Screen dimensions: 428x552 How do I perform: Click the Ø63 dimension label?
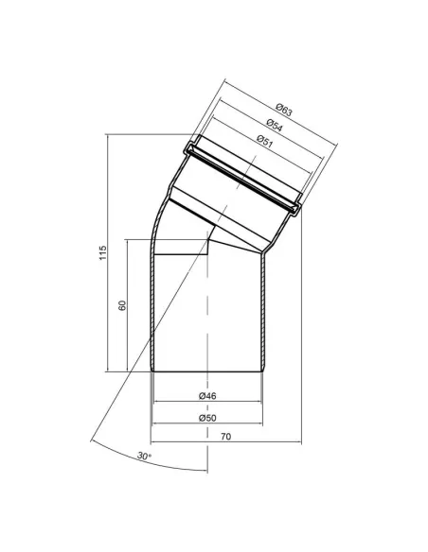284,110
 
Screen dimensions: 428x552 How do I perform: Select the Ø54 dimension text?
275,125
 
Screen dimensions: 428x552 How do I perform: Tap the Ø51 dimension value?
265,141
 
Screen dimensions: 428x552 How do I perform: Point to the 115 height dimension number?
102,252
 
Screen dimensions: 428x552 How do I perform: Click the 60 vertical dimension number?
122,305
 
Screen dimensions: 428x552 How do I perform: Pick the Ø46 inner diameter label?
207,396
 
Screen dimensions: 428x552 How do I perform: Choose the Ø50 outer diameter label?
207,418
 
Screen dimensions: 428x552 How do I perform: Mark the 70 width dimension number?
226,437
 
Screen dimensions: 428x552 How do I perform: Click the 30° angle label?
144,456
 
